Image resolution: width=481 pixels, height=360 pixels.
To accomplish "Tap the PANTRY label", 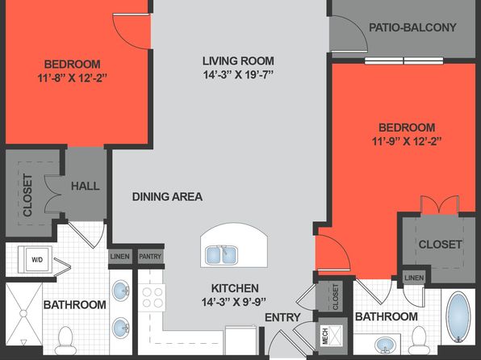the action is pos(150,256).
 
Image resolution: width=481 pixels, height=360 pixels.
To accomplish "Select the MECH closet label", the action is pos(325,336).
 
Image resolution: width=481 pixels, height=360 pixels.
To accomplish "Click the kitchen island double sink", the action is pos(221,255).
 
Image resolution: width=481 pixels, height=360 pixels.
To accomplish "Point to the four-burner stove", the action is pos(153,297).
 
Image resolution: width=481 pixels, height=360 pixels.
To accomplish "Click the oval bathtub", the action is pos(458,317).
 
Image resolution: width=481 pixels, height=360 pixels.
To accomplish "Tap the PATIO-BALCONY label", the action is pos(412,27).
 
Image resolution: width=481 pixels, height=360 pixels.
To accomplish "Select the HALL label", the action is pos(86,186).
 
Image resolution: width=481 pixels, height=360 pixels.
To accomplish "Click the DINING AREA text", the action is pos(167,197).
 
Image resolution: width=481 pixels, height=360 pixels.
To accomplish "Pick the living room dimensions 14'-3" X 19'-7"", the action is pos(238,74).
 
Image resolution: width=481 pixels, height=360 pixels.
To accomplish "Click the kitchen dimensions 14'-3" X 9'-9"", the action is pos(233,302).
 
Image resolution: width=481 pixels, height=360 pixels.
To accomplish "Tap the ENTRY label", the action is pos(282,317).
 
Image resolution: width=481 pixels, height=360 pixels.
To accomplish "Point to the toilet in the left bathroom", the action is pos(65,341).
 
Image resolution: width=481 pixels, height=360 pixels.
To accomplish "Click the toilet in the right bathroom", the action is pos(419,341).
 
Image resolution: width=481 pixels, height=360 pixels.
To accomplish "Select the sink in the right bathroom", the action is pos(386,345).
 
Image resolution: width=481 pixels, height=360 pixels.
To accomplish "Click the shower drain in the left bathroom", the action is pos(23,313).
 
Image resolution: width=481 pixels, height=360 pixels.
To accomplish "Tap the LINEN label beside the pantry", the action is pos(119,256).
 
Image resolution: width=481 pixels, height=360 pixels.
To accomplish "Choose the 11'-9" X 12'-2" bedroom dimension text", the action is pos(407,141).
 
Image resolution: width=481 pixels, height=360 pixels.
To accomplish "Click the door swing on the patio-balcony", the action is pos(349,34).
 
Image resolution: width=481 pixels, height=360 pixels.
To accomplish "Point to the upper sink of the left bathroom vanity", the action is pos(121,291).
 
